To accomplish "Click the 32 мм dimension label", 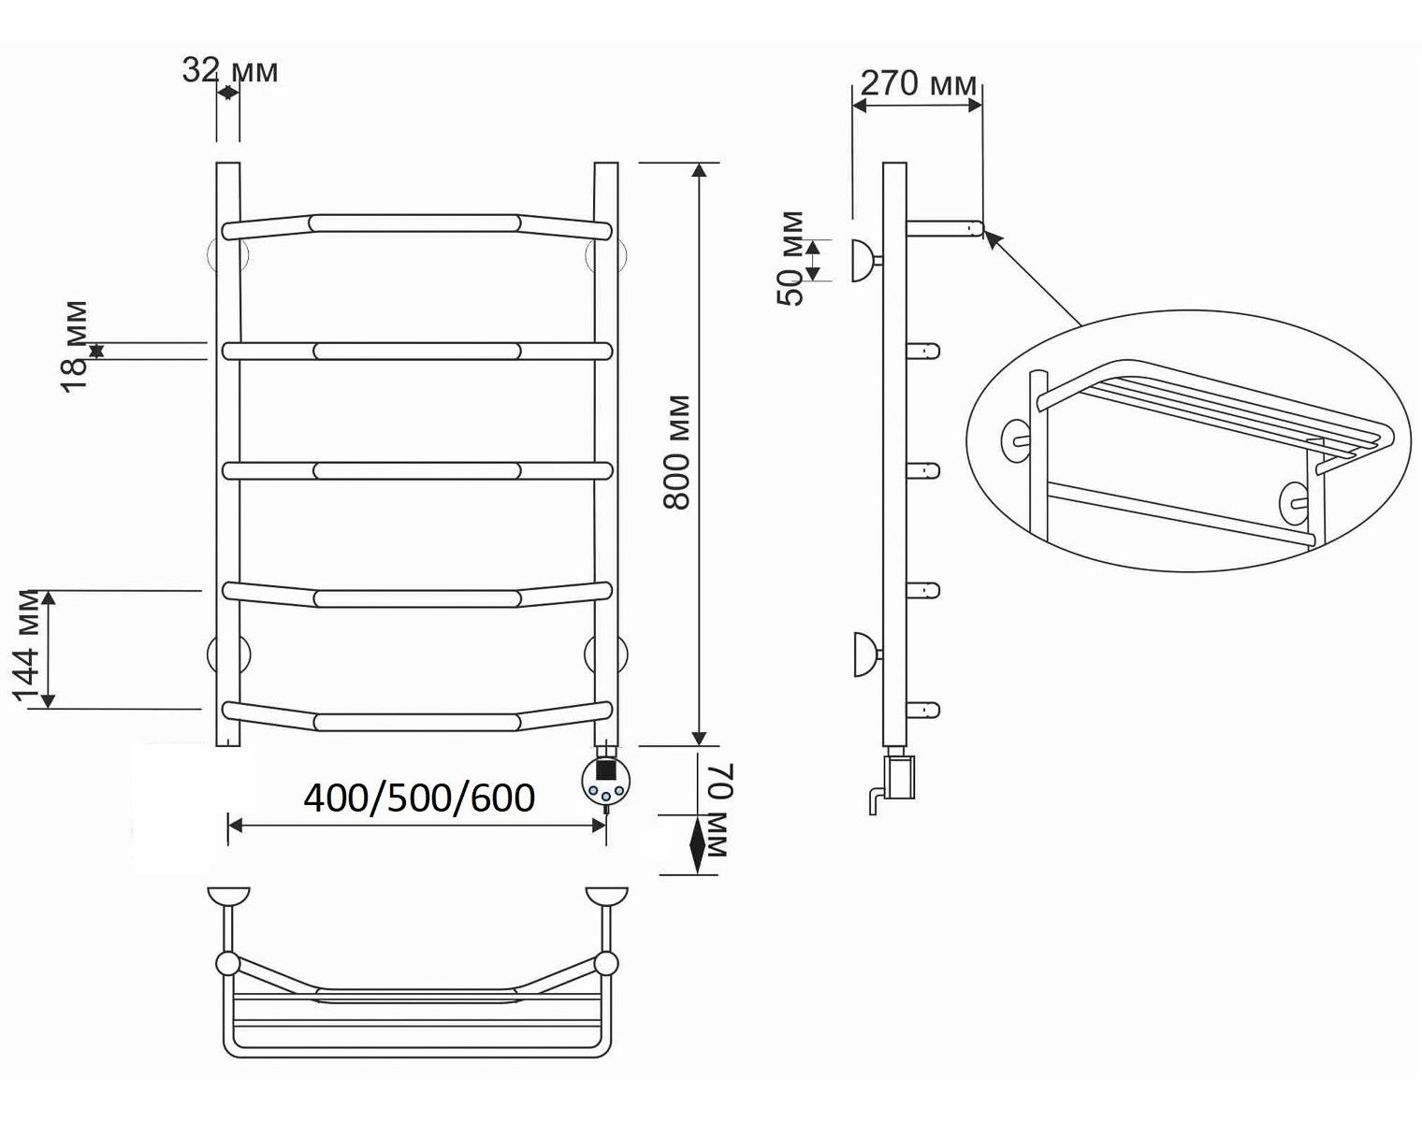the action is [230, 71].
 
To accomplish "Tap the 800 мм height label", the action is [676, 453].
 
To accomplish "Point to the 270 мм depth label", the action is [918, 84].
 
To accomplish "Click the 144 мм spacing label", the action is [26, 649].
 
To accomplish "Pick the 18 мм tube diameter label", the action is [75, 348].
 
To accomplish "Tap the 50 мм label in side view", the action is [791, 258].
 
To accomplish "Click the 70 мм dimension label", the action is [719, 811].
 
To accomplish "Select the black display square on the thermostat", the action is [605, 769].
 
